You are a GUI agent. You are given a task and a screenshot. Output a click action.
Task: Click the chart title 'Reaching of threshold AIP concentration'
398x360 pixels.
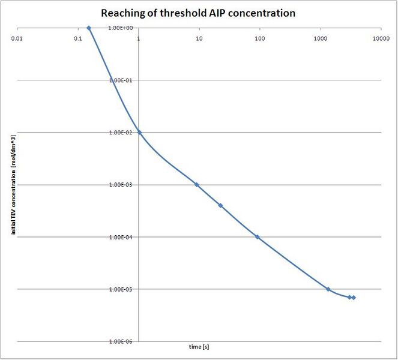click(x=198, y=13)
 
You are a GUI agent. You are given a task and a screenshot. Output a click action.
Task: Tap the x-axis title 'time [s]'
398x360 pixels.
click(x=198, y=347)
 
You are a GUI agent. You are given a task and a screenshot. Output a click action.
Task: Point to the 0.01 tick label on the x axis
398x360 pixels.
click(x=17, y=38)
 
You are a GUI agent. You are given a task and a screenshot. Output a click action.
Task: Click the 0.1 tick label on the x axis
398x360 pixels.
click(x=78, y=38)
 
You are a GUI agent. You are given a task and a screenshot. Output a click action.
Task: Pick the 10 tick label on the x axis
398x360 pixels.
click(x=199, y=38)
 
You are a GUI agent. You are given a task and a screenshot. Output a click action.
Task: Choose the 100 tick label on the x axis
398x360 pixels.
click(x=259, y=38)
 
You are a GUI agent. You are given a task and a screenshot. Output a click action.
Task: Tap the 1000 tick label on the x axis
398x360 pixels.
click(x=320, y=38)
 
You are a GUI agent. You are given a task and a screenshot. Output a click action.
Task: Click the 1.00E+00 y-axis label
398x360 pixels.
click(x=119, y=28)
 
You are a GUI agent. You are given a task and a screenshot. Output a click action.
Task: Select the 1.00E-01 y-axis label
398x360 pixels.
click(x=119, y=80)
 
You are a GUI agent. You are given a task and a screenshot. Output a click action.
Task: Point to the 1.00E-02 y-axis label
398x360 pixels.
click(x=119, y=133)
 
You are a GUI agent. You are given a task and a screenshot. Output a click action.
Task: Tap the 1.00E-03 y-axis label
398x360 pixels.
click(x=119, y=185)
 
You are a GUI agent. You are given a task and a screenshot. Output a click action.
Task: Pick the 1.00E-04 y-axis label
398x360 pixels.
click(x=119, y=237)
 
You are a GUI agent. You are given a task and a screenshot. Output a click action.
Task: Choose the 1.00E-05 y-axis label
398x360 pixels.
click(x=119, y=289)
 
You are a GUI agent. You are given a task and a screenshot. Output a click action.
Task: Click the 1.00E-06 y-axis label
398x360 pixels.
click(x=119, y=341)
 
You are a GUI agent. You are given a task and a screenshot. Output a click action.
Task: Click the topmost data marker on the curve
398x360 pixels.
click(x=89, y=28)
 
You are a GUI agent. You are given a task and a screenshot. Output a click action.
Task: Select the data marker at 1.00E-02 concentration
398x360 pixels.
click(x=139, y=132)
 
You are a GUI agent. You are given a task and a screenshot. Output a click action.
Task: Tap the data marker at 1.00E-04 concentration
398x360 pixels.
click(x=257, y=237)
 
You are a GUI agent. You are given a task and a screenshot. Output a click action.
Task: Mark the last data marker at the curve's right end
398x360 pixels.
click(x=354, y=298)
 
